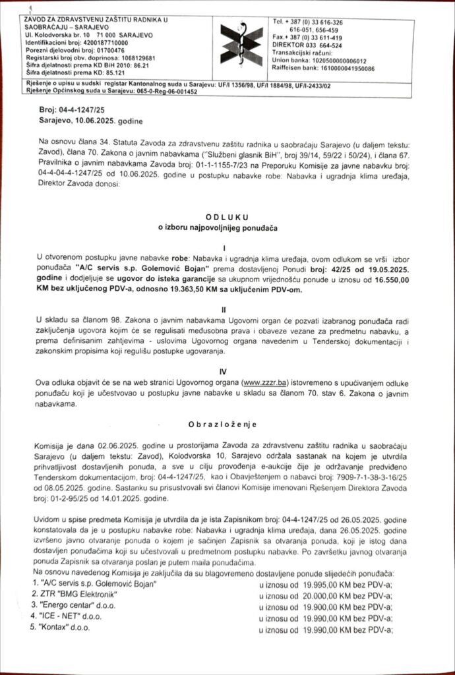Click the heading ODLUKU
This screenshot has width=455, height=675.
tap(227, 215)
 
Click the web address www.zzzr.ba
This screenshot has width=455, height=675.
tap(263, 382)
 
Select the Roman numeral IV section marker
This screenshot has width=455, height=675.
tap(227, 372)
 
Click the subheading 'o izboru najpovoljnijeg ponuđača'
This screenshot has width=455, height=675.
tap(227, 228)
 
